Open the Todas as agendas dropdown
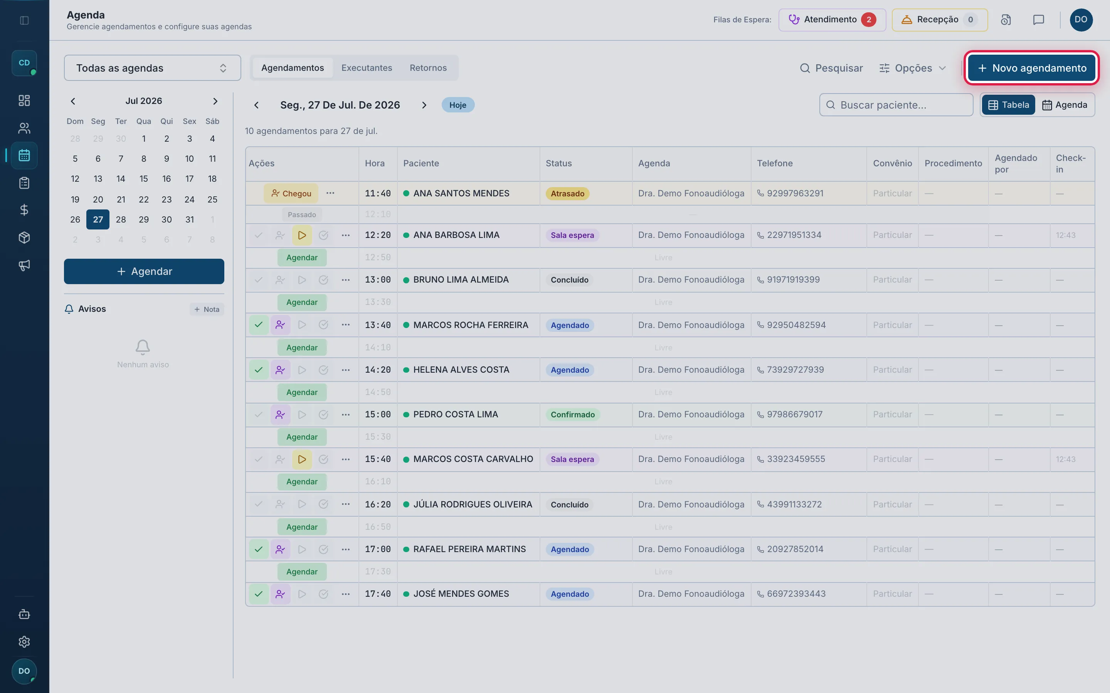coord(152,68)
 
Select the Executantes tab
coord(367,68)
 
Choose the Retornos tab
coord(428,68)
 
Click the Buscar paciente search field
coord(896,105)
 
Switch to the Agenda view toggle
coord(1065,105)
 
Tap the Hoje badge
coord(458,105)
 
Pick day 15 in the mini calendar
coord(143,179)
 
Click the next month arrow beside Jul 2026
coord(215,101)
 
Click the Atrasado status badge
coord(567,193)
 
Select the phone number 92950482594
coord(796,325)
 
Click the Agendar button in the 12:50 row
coord(302,258)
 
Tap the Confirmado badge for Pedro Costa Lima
coord(572,414)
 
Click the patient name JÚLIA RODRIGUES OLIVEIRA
coord(473,504)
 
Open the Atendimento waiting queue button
coord(832,20)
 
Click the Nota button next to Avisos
coord(207,310)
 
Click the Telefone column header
coord(775,163)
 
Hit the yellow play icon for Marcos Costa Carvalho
coord(302,459)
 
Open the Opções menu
coord(912,68)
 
